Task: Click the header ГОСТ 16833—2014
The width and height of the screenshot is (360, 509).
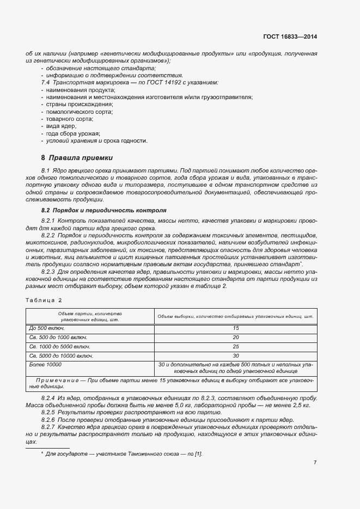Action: (289, 36)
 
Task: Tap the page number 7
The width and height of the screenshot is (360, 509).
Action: (315, 462)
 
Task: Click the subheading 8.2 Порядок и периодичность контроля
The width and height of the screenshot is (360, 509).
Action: (104, 210)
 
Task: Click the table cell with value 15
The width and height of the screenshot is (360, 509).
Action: (236, 328)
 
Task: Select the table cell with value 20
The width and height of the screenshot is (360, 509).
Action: (236, 338)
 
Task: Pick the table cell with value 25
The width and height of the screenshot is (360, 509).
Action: (236, 346)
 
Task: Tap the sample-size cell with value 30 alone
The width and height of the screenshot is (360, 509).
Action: (236, 355)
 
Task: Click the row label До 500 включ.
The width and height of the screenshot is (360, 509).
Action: (47, 328)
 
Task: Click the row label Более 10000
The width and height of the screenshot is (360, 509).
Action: (45, 364)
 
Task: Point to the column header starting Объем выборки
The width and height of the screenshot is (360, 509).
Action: (235, 316)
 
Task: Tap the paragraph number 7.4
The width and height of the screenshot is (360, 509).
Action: (46, 82)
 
